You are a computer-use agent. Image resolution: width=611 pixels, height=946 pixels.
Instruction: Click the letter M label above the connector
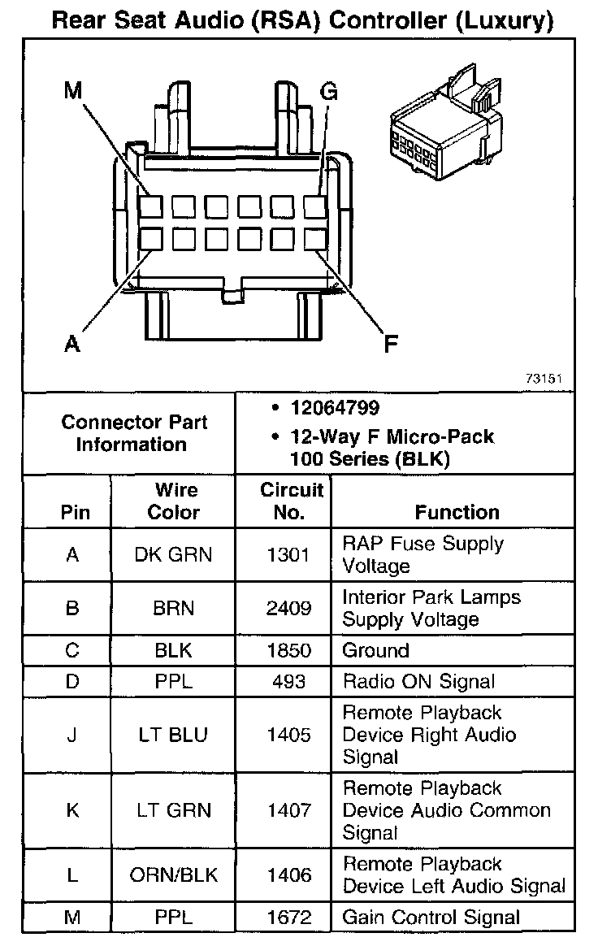tap(74, 91)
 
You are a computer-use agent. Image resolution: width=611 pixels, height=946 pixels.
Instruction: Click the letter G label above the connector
tap(328, 91)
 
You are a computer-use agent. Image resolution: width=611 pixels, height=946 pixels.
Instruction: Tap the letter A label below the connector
tap(72, 345)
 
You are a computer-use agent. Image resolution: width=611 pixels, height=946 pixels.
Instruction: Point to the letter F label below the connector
tap(391, 345)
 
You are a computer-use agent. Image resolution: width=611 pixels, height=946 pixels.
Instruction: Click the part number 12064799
tap(335, 407)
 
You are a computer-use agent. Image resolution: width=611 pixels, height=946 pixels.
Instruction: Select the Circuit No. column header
tap(291, 501)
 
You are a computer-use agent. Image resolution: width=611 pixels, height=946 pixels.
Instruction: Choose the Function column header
tap(457, 512)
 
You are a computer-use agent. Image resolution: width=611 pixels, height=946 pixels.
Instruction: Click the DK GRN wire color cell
tap(173, 555)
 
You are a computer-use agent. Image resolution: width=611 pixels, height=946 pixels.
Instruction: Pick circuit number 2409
tap(288, 608)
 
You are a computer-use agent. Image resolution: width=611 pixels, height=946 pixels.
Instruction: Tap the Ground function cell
tap(375, 651)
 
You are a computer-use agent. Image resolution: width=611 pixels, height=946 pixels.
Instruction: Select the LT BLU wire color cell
tap(173, 735)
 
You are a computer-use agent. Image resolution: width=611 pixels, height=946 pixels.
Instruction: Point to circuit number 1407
tap(288, 810)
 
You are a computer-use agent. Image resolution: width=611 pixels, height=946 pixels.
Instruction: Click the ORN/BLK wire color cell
tap(173, 874)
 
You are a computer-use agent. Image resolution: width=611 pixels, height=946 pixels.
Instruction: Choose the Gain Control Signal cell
tap(431, 918)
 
